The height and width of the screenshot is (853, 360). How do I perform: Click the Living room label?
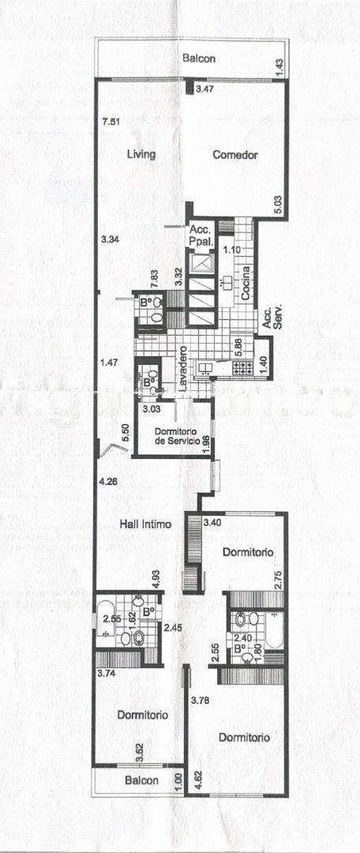click(x=141, y=155)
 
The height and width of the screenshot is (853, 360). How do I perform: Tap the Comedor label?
click(x=235, y=155)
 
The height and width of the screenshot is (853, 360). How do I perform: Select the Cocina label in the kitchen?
click(x=246, y=284)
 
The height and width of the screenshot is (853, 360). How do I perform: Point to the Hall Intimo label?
click(x=145, y=525)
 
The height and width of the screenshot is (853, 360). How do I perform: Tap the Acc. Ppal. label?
click(x=202, y=235)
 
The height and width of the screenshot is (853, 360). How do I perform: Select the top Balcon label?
click(x=198, y=58)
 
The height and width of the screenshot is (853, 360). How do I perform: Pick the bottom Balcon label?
click(x=141, y=780)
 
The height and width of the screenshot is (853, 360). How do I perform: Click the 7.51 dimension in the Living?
click(x=111, y=122)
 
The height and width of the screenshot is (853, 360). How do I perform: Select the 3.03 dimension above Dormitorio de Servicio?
click(x=151, y=408)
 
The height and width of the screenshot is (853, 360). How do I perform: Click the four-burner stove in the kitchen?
click(x=242, y=368)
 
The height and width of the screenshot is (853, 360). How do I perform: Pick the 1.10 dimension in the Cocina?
click(x=234, y=250)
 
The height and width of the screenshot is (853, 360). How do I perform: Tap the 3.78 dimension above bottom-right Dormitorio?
click(x=200, y=700)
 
